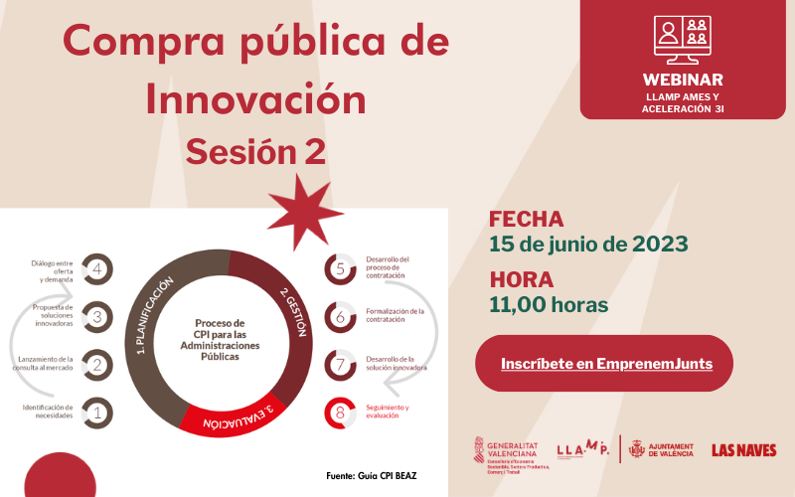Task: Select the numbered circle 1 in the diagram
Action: [97, 413]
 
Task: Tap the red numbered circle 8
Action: [341, 413]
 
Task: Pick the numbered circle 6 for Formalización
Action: [341, 317]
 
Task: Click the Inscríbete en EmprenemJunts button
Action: [606, 364]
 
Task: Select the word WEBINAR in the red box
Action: [683, 80]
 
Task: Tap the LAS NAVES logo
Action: [744, 450]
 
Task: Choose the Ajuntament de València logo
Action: [662, 450]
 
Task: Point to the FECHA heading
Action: [527, 220]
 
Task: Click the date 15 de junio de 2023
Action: [588, 245]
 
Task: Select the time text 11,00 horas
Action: [549, 304]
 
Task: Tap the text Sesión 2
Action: [255, 151]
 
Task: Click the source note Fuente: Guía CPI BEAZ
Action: [372, 476]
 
